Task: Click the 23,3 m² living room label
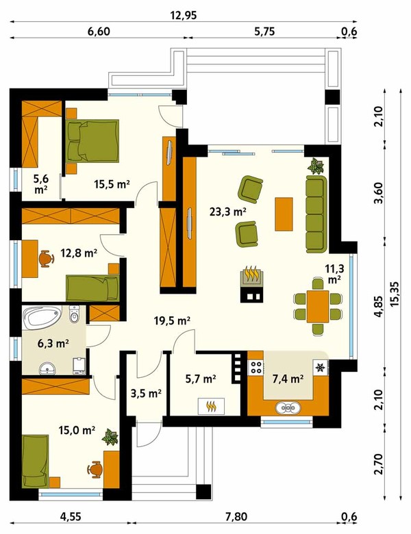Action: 228,212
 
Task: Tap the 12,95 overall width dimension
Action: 184,15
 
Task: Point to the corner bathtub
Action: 41,317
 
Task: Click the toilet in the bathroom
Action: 74,314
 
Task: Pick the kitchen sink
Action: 288,407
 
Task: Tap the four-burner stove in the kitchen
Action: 256,367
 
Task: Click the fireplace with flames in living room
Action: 252,276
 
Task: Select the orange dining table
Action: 318,307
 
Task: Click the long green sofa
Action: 316,214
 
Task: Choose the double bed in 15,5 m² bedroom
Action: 93,140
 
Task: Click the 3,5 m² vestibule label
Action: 146,394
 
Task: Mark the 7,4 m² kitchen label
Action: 288,379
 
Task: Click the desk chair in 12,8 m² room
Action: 47,259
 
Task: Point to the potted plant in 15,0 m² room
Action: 110,437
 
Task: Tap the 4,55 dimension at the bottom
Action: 71,517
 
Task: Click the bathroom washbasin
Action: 47,368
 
